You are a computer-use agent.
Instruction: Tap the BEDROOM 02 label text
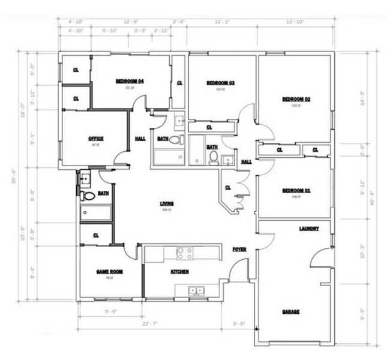point(295,99)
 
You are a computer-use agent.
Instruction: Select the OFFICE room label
point(96,139)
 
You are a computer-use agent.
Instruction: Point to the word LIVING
point(166,203)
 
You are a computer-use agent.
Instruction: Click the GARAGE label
point(291,312)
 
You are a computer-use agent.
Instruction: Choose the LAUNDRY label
point(308,229)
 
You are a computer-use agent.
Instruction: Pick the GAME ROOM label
point(110,272)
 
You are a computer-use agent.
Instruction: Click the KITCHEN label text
point(180,272)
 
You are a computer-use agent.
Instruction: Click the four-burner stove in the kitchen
point(184,253)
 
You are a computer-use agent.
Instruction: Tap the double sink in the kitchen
point(196,292)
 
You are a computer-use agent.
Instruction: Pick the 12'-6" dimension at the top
point(131,21)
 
